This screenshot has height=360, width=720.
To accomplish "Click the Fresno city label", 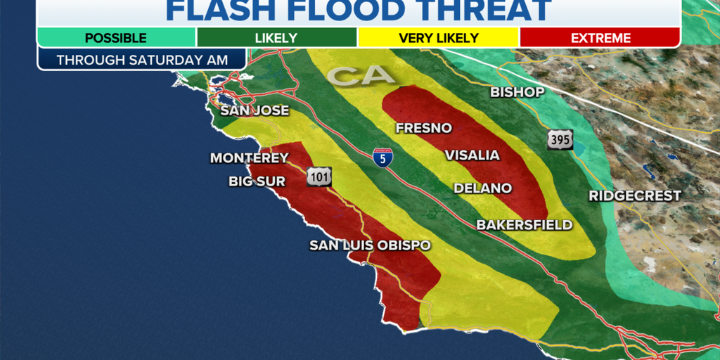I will [x=423, y=128].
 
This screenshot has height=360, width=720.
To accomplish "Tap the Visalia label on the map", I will [x=471, y=155].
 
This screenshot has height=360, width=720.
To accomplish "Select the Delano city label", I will [x=482, y=188].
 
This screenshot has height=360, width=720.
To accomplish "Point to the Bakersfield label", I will [x=525, y=225].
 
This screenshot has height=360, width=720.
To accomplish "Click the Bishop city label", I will [x=517, y=92].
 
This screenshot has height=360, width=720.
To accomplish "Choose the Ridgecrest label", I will [x=635, y=195].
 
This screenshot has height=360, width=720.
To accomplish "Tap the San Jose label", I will [x=255, y=110].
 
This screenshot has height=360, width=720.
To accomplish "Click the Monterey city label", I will [x=250, y=158].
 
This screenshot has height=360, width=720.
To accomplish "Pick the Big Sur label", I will [x=257, y=181].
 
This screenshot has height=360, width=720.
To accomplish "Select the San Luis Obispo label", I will [x=370, y=245].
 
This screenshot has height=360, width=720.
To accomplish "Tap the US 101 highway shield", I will [x=319, y=176].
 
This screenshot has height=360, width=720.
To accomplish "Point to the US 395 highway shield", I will [x=560, y=139].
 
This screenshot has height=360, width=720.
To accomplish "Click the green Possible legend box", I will [x=116, y=38].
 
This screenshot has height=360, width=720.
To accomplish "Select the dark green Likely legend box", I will [x=277, y=38].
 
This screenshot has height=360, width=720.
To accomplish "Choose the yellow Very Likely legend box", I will [x=439, y=38].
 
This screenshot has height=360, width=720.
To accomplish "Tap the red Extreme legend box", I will [x=600, y=38].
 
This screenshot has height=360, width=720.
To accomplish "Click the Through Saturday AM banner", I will [x=142, y=60].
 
